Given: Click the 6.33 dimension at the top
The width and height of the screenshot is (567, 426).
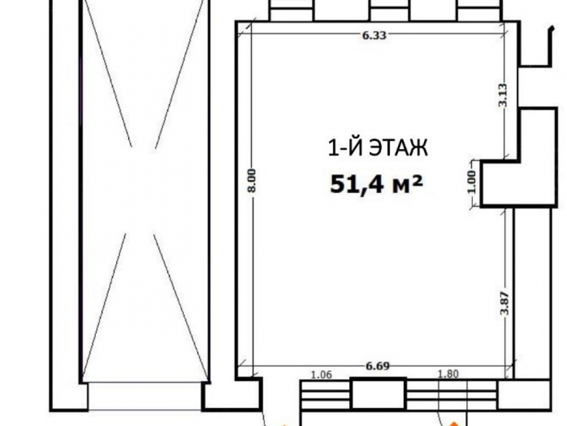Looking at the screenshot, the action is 374,35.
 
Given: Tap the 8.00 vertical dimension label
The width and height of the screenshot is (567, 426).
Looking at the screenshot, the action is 252,181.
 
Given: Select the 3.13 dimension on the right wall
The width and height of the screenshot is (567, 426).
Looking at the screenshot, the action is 503,95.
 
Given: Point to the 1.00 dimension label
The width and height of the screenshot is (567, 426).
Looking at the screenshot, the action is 472,182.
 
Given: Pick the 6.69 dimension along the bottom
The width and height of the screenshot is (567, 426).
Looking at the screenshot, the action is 378,366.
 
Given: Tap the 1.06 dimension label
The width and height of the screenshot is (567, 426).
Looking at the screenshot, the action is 321,374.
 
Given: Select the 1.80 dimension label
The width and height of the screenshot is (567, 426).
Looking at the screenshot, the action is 448,374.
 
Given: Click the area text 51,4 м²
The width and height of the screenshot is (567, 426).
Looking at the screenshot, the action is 376,185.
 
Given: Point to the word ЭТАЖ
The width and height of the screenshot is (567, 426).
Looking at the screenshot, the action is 398,148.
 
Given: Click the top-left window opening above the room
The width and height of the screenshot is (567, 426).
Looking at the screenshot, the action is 291,11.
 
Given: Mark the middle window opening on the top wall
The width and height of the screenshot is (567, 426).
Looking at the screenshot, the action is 390,11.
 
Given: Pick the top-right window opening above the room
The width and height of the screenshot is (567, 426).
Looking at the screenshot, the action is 480,11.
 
